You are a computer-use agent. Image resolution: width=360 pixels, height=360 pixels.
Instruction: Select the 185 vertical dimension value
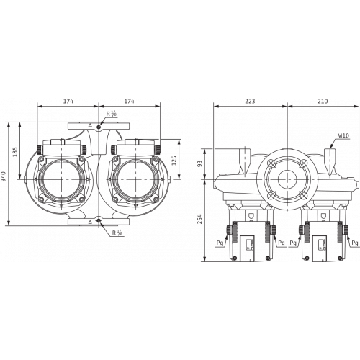point(15,152)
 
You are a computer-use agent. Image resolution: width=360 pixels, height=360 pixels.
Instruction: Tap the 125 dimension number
point(174,161)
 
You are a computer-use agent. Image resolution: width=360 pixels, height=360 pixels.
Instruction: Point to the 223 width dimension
point(250,102)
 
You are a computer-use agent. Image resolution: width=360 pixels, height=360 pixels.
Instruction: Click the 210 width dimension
point(323,102)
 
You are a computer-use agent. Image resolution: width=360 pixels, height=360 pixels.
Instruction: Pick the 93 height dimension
point(199,163)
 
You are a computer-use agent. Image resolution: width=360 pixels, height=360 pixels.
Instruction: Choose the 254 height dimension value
point(199,219)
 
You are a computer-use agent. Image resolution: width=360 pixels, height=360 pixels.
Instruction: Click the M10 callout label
point(343,135)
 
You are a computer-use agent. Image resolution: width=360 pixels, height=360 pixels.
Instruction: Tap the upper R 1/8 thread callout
point(112,114)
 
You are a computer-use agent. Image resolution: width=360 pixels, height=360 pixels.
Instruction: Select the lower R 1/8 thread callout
point(117,233)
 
